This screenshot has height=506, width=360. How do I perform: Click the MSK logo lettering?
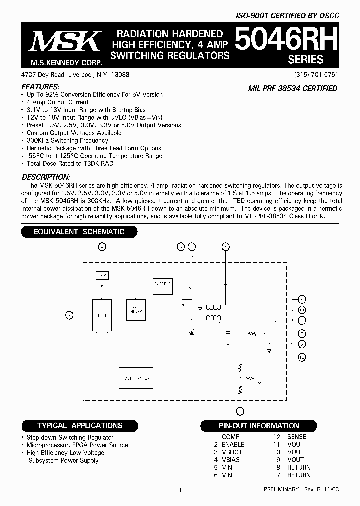coord(65,42)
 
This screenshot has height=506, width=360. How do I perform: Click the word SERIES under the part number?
coord(305,59)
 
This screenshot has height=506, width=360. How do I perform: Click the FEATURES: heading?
coord(44,87)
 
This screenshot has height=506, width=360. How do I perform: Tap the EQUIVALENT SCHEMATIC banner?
coord(79,232)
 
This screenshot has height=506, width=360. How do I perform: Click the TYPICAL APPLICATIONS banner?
coord(80,426)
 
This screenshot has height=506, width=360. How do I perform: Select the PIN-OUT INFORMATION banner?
coord(259,426)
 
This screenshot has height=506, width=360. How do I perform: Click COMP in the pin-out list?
coord(231,437)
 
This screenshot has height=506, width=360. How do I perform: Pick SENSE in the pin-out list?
coord(296,437)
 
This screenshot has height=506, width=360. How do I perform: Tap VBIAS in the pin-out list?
coord(231,460)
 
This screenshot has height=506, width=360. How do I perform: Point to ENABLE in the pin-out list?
coord(233,444)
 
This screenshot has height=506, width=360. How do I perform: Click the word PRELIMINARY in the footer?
coord(281,489)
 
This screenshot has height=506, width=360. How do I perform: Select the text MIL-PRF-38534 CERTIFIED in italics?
coord(293,89)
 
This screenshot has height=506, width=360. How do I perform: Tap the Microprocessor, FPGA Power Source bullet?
coord(77,445)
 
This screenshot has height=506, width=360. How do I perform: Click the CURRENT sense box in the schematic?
coord(162,285)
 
